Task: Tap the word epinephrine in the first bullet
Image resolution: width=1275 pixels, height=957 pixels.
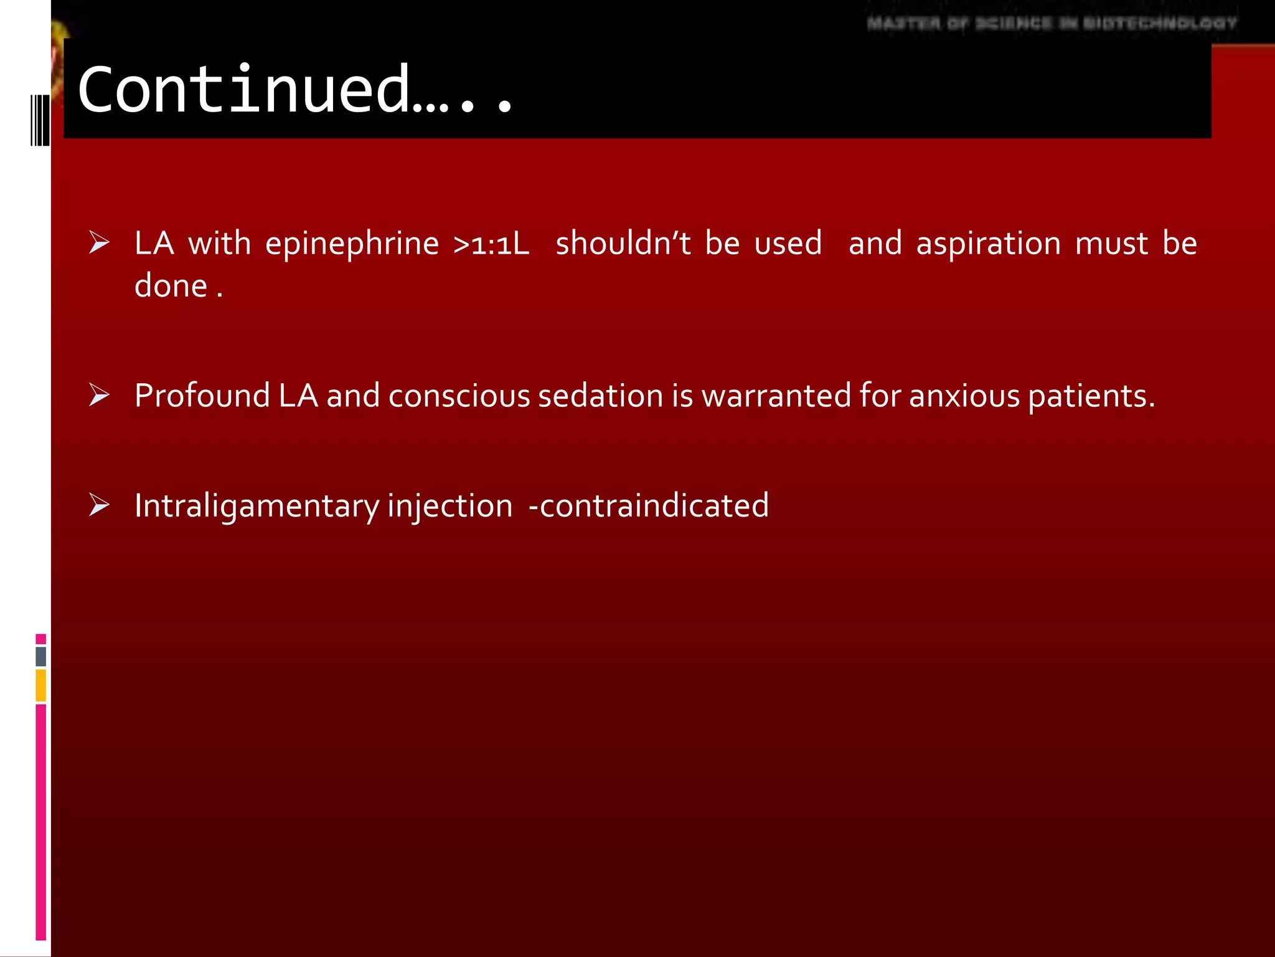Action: (x=352, y=244)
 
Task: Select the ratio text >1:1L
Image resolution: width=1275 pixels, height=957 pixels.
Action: (x=491, y=244)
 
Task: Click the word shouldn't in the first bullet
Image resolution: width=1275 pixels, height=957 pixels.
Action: (x=623, y=243)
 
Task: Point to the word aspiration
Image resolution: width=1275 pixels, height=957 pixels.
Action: (x=988, y=244)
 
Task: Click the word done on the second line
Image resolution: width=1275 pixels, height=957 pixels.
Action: (x=171, y=286)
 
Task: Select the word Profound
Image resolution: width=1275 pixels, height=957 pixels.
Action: (x=202, y=396)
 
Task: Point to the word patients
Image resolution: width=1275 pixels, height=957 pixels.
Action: (x=1091, y=397)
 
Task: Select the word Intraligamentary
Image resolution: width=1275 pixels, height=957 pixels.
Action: (x=256, y=506)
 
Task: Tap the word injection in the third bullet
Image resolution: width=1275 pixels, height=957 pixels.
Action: (x=449, y=506)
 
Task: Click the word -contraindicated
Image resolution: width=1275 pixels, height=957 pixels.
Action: (x=648, y=505)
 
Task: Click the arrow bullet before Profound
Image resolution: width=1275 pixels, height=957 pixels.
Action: (x=99, y=395)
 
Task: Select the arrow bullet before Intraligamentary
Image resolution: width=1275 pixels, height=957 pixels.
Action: (x=99, y=505)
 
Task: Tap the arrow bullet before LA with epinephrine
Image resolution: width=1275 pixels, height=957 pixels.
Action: (x=99, y=242)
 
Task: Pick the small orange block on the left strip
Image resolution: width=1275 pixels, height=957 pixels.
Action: (x=40, y=685)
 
